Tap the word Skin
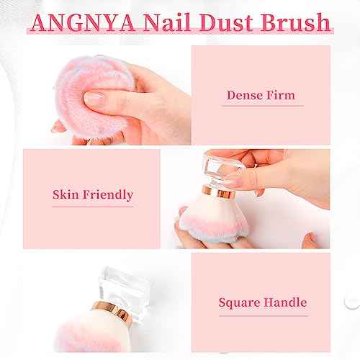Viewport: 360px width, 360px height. [66, 194]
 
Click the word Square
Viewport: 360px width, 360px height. [242, 302]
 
